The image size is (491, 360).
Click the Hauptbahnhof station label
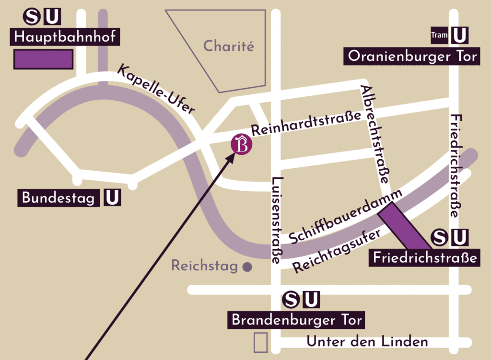click(65, 36)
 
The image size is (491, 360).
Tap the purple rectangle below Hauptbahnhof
click(43, 59)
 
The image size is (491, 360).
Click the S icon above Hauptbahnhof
click(32, 17)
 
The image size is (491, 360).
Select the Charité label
click(228, 46)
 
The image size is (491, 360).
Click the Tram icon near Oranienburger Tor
click(439, 35)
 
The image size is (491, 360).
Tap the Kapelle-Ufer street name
click(156, 89)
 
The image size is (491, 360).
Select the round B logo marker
click(241, 145)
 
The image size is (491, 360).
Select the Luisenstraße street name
click(276, 221)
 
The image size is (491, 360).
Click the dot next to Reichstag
click(247, 267)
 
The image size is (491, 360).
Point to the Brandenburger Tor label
click(297, 320)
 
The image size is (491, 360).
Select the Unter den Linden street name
click(367, 342)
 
